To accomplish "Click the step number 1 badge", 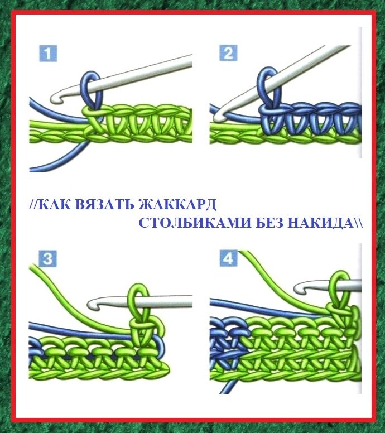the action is pos(47,54).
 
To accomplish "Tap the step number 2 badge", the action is pos(228,53).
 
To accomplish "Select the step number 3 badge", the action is pos(47,259).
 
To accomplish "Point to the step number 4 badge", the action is pos(228,259).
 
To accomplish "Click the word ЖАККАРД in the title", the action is pos(177,204).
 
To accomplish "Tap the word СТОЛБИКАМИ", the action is pos(195,222).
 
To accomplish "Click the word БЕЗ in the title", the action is pos(269,222).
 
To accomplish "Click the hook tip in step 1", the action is pos(56,98).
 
